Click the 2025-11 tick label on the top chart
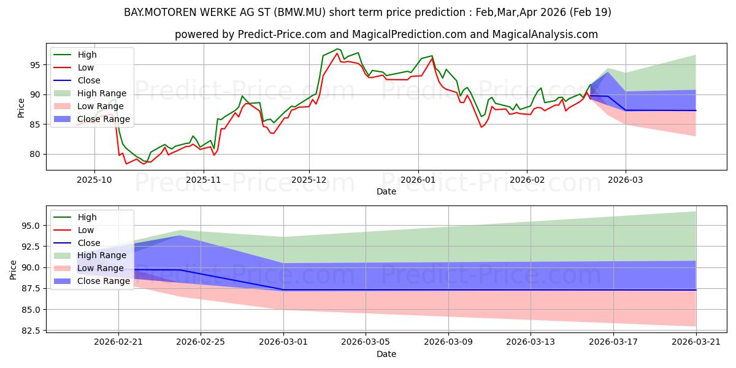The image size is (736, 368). pos(204,180)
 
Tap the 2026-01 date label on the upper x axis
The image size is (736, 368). pos(418,180)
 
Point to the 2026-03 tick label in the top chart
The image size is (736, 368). pos(625,180)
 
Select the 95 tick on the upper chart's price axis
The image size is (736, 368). pos(35,65)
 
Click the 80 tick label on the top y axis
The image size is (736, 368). pos(35,154)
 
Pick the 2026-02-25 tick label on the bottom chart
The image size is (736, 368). pos(201,342)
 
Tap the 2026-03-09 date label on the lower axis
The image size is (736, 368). pos(448,342)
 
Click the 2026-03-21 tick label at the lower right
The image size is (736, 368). pos(696,342)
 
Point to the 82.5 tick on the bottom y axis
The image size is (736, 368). pos(31,331)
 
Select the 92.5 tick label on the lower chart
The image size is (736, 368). pos(31,247)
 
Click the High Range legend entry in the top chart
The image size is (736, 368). pos(90,93)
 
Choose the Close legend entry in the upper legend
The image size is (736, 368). pos(77,80)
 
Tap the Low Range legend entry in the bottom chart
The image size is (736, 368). pos(88,268)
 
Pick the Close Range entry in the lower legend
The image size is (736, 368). pos(91,281)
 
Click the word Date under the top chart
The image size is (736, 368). pos(386,191)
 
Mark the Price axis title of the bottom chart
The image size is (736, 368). pos(13,270)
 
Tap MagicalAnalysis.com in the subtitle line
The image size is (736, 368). pos(545,34)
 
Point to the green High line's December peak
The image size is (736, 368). pos(337,49)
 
